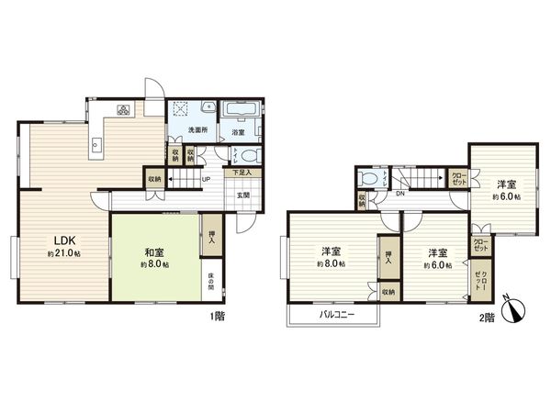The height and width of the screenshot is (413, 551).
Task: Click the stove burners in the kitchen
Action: [122, 111]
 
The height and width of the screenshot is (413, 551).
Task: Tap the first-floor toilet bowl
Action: [252, 155]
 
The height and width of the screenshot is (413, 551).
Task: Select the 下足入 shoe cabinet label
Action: [241, 172]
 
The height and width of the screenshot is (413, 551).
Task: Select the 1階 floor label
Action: [218, 318]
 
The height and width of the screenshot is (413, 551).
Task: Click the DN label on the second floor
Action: [401, 194]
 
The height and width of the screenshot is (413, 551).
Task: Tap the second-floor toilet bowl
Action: [368, 179]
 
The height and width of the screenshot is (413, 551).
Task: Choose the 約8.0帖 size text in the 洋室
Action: [332, 264]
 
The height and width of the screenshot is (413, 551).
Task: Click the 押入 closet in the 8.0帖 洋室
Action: [388, 256]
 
